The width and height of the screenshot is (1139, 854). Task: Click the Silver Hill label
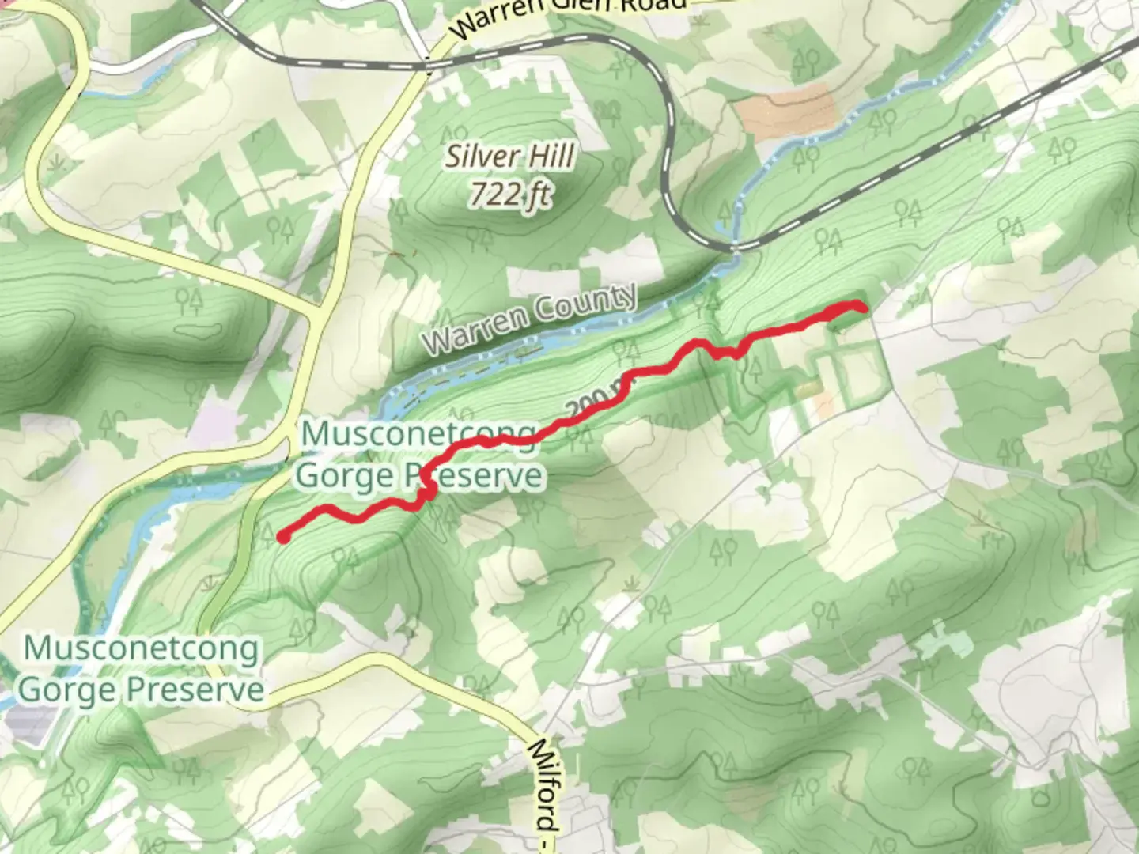[510, 157]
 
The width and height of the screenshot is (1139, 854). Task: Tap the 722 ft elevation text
[510, 194]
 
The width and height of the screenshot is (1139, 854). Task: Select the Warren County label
[530, 318]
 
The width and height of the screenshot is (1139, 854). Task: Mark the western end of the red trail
[282, 538]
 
